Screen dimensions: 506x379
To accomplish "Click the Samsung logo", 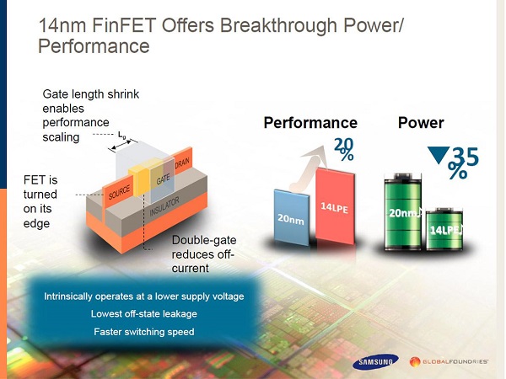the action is (375, 362).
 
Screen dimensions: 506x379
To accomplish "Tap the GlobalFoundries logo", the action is (449, 361).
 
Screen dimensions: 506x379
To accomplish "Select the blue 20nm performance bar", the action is (291, 217).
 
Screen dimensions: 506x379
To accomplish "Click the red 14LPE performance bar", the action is (336, 206).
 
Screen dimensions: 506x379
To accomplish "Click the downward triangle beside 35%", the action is (439, 155).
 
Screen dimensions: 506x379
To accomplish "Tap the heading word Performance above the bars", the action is (310, 123).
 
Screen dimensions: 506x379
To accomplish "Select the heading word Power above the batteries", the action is (421, 123).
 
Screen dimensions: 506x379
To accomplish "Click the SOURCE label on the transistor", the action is (119, 192).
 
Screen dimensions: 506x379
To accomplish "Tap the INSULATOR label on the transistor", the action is (164, 206).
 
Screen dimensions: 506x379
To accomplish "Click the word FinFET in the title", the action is (124, 25).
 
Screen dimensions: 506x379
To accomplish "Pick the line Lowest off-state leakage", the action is (144, 314).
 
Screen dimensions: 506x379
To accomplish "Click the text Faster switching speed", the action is (144, 332).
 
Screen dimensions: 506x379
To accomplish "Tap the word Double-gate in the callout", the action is (204, 240).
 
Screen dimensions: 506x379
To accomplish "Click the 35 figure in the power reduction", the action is (466, 157).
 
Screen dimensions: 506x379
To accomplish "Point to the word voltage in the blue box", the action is (228, 296).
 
